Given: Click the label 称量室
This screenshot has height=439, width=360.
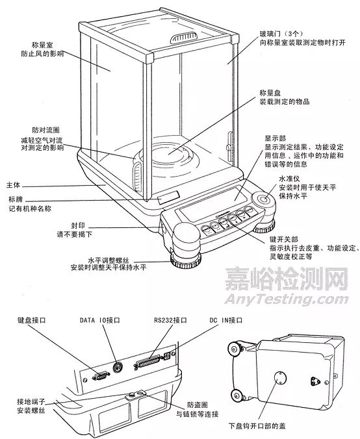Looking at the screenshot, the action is (42, 45).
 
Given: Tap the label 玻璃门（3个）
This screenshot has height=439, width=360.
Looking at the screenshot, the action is (281, 34).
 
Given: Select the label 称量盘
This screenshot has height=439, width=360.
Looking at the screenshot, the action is (270, 93).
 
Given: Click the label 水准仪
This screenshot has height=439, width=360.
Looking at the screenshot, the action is (289, 179).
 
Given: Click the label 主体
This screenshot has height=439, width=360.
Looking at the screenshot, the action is (13, 185).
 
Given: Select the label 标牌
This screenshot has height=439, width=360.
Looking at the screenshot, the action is (16, 199).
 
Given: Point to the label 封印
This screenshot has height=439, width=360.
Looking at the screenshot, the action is (78, 225).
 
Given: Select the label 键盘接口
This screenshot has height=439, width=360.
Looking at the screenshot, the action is (31, 320).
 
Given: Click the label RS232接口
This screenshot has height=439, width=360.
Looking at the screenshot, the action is (170, 320).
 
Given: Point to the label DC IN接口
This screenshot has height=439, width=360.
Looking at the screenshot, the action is (225, 320).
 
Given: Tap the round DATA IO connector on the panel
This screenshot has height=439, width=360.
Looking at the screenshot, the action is (118, 366).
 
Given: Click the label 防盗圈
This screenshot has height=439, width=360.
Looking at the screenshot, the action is (198, 405).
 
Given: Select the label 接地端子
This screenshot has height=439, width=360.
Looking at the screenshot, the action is (31, 402).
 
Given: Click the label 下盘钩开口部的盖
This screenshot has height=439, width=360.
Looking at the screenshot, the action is (257, 426).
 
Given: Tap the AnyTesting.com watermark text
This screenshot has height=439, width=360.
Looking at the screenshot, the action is (287, 299).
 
